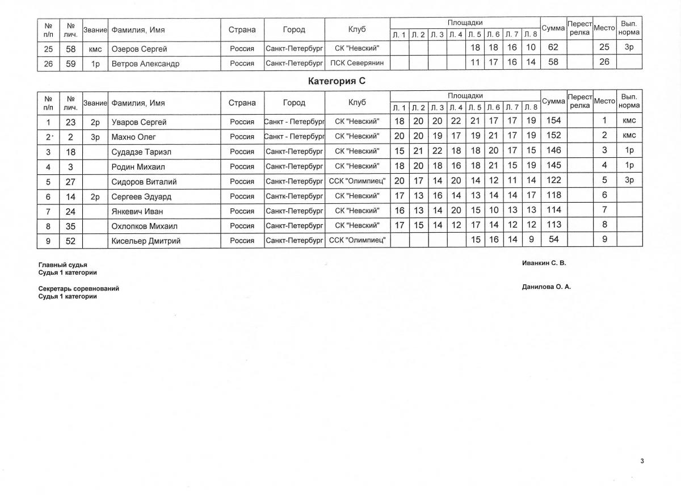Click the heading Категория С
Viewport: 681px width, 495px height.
coord(337,81)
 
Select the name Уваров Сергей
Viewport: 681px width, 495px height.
coord(139,122)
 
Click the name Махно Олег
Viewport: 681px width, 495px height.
coord(133,137)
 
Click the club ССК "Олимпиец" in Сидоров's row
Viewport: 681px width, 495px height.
coord(357,181)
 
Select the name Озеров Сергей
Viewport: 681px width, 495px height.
coord(139,49)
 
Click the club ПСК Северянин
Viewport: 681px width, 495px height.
coord(357,64)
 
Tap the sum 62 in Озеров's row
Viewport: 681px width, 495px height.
coord(553,48)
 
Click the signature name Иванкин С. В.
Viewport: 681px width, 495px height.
coord(544,263)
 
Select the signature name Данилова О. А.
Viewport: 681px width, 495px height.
coord(546,287)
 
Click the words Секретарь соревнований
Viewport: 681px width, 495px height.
coord(78,289)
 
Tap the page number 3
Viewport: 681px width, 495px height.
coord(642,461)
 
